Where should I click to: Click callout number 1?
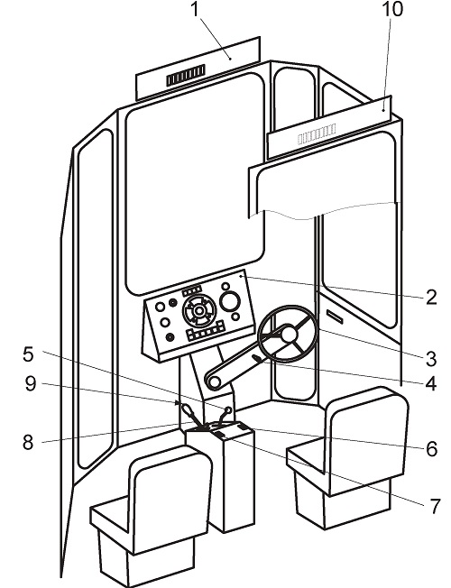195,9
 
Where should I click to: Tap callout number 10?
392,9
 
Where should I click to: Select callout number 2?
431,298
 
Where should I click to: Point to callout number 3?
431,359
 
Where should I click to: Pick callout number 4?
431,383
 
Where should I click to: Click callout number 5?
28,354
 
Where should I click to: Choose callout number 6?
432,449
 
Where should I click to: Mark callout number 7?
435,506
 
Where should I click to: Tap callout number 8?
28,443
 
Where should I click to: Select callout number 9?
31,384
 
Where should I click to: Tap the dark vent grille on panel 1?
186,75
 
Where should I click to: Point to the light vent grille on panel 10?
317,134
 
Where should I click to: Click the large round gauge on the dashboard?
230,301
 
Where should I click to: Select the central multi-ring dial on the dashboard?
199,310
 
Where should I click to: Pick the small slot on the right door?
335,316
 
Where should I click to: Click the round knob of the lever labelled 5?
227,409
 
